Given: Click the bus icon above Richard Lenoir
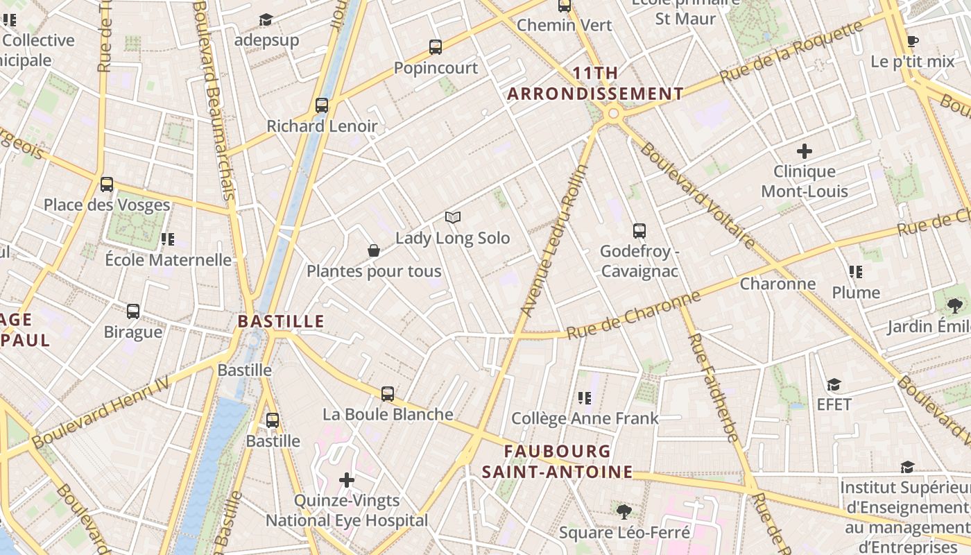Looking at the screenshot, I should (322, 105).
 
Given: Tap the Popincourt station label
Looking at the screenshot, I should (436, 68).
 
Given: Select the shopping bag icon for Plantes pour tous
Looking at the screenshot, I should (374, 250).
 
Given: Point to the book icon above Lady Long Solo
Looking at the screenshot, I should (453, 218).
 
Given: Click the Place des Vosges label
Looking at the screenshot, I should (107, 205).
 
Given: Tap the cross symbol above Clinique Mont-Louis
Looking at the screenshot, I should (805, 151).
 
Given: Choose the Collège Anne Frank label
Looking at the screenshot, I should (585, 418).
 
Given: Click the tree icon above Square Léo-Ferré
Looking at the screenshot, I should (624, 512).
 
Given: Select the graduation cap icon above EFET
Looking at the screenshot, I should (834, 384).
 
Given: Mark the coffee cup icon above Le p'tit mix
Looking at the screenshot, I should (913, 41).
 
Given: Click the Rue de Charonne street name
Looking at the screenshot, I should (633, 316).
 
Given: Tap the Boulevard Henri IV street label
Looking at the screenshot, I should (100, 412).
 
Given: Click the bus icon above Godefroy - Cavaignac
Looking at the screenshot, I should (639, 231).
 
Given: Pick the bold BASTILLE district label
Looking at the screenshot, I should (281, 321).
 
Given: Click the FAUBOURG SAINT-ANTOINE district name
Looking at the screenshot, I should (557, 462).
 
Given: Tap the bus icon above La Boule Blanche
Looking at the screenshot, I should (388, 394).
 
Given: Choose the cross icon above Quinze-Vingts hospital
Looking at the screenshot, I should (347, 479).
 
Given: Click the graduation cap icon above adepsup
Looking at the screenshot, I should (266, 19).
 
